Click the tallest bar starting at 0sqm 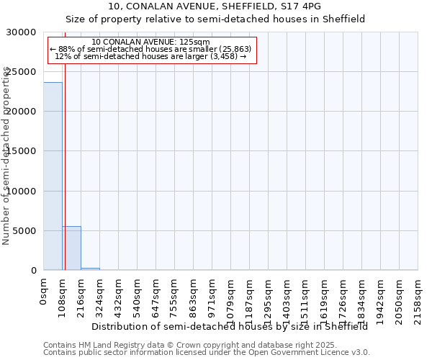coord(53,176)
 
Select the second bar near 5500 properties coord(71,248)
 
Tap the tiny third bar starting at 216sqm coord(90,269)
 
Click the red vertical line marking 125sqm coord(65,180)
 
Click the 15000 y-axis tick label coord(25,151)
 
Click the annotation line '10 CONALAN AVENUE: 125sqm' coord(151,42)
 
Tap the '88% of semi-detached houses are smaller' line coord(151,49)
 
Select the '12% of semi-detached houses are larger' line coord(151,56)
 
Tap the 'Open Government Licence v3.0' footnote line coord(206,353)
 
